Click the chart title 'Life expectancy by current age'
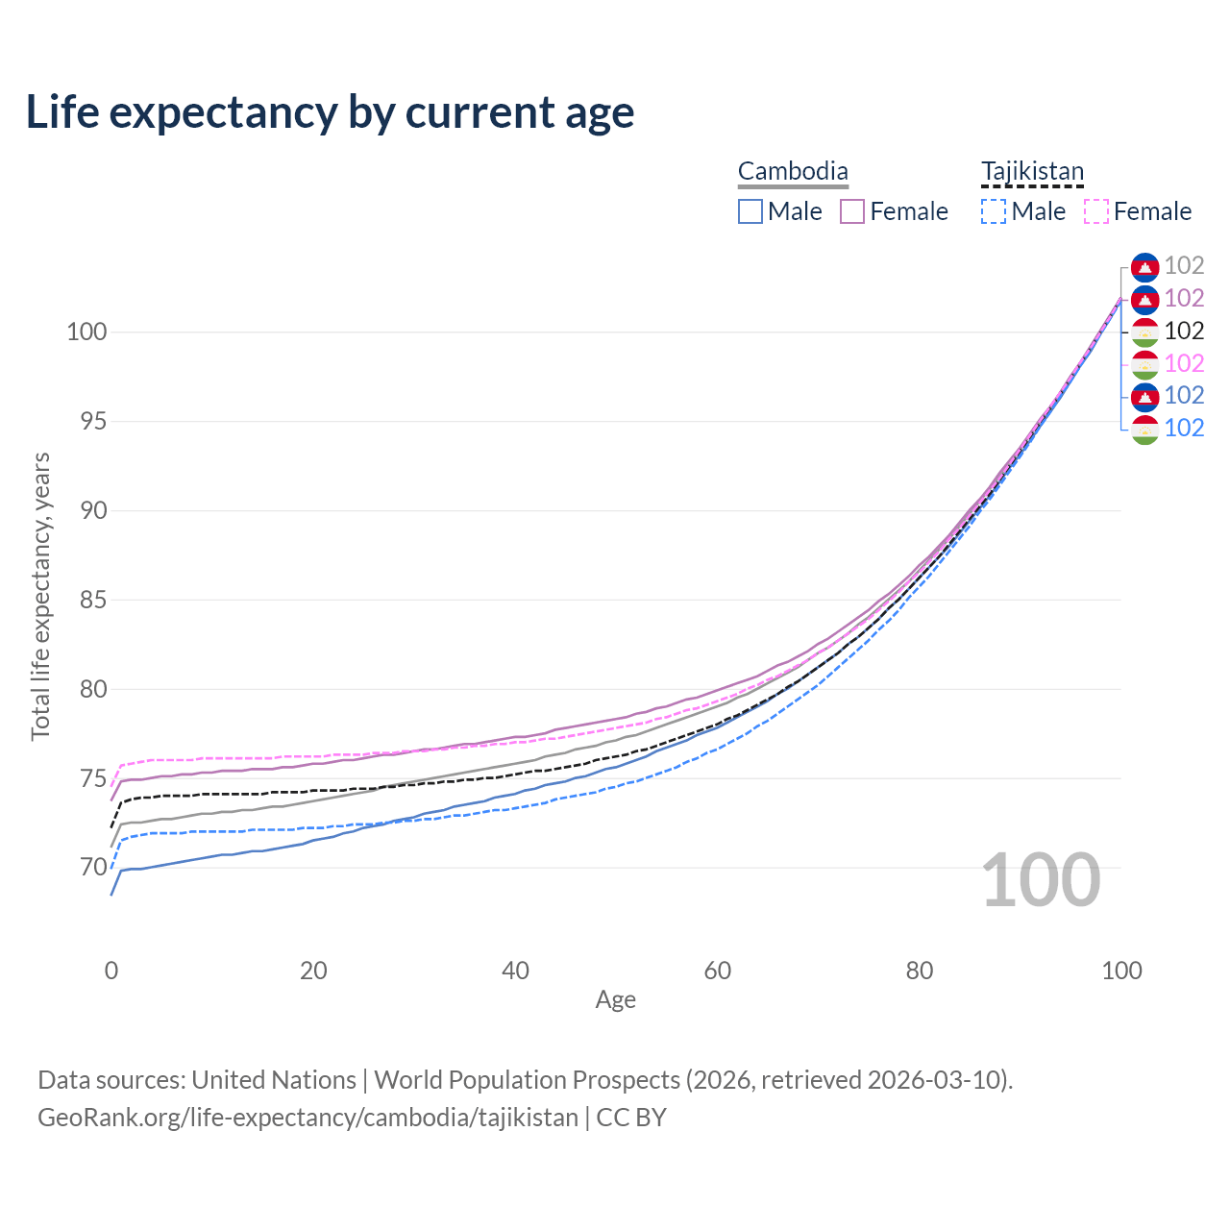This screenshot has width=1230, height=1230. click(330, 112)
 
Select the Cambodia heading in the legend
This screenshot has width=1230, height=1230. click(793, 172)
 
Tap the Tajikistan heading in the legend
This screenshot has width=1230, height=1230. click(1032, 172)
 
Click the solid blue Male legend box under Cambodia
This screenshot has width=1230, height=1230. click(750, 211)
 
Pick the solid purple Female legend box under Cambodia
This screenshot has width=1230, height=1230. click(852, 211)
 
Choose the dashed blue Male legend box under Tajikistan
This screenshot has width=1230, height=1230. click(994, 211)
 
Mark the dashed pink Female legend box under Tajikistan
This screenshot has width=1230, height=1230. click(1095, 211)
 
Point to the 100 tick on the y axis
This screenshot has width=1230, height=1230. click(86, 332)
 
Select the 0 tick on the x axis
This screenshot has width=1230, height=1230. click(111, 971)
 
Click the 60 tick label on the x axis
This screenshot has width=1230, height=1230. click(718, 971)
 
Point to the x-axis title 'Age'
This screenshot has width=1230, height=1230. click(615, 1000)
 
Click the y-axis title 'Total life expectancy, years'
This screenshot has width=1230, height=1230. click(40, 597)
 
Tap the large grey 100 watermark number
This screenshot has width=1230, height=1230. click(1041, 880)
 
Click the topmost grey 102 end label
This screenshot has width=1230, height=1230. click(1184, 266)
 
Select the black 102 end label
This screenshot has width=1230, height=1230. click(1184, 331)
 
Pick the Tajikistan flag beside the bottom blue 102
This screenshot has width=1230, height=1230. click(1144, 429)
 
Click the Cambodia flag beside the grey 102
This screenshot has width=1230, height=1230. click(1144, 266)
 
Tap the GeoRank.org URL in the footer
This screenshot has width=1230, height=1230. click(307, 1118)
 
